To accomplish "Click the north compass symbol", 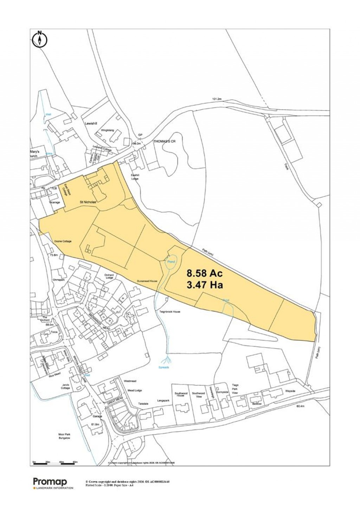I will click(x=40, y=39).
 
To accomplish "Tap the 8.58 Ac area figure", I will click(x=205, y=273).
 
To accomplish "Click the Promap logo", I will click(x=50, y=482).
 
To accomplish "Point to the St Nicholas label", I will click(x=89, y=202).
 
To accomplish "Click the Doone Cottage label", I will click(x=63, y=241).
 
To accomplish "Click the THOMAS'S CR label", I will click(x=164, y=141).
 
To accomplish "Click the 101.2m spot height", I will click(x=217, y=99).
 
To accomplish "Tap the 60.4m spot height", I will click(x=300, y=406).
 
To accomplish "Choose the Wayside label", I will click(x=290, y=391).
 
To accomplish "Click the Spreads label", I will click(x=163, y=367).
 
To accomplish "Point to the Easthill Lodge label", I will click(x=135, y=177).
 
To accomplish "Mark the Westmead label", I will click(x=130, y=381).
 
